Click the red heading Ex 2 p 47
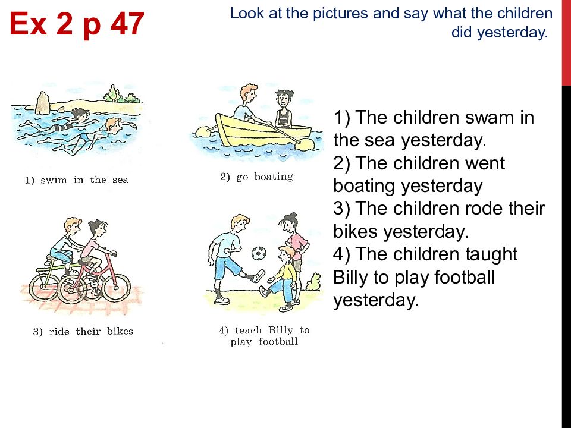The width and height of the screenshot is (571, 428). click(x=77, y=24)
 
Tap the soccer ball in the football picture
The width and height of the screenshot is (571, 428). click(x=259, y=253)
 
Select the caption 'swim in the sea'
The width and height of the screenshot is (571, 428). click(x=77, y=180)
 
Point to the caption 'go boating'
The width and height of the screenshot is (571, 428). click(x=257, y=177)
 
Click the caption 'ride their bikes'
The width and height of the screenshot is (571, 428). click(x=83, y=331)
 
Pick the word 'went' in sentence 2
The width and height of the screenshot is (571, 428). click(x=481, y=163)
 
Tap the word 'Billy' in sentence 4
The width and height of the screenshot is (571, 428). click(x=350, y=278)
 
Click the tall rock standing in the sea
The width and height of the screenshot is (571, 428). click(x=43, y=103)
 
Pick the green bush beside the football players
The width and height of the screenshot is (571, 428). click(x=313, y=282)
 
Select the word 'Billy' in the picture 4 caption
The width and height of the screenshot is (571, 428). click(x=280, y=330)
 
